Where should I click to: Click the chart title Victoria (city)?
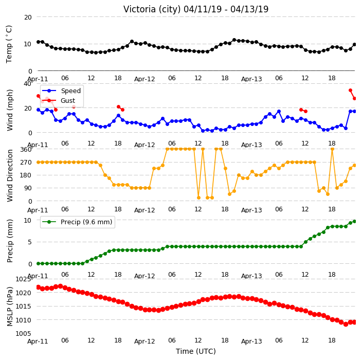coord(152,10)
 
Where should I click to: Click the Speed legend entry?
coord(61,91)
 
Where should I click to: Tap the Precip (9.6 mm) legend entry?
coord(77,222)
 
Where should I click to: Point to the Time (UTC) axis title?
coord(196,351)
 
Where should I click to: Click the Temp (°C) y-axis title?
coord(9,44)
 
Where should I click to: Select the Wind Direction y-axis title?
coord(10,176)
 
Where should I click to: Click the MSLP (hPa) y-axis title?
coord(10,307)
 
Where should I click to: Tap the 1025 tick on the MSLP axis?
coord(23,279)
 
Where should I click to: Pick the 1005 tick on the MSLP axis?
coord(23,334)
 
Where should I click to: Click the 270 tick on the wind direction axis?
coord(26,163)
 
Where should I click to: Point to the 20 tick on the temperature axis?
coord(28,17)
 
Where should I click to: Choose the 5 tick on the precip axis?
coord(29,242)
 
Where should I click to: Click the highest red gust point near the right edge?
coord(351,91)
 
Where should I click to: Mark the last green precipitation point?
coord(355,222)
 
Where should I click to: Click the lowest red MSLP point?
coord(346,324)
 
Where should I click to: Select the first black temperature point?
coord(39,42)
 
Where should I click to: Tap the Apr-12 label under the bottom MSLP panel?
coord(144,341)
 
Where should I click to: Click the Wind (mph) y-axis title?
coord(10,111)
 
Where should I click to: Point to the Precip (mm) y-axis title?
coord(10,241)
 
